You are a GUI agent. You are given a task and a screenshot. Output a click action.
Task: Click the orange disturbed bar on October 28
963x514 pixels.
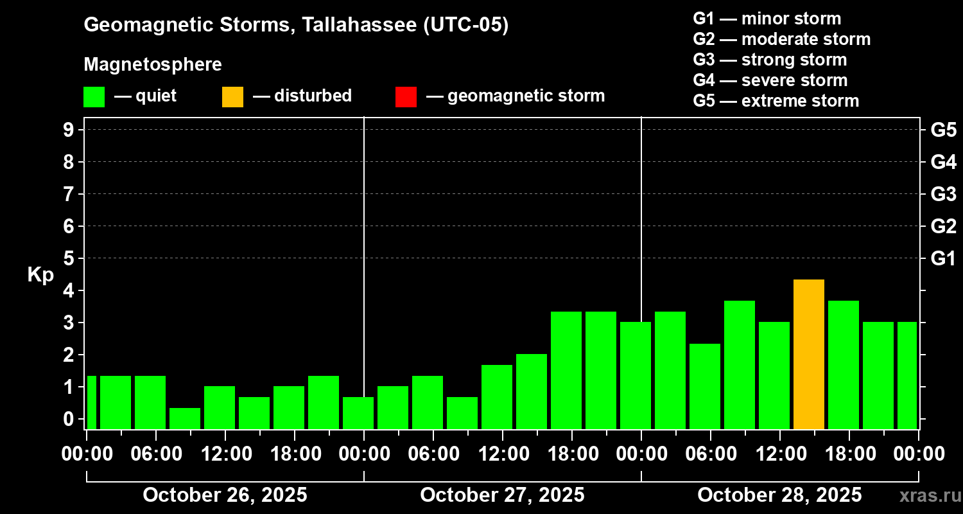point(809,355)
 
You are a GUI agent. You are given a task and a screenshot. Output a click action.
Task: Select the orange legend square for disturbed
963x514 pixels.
point(232,96)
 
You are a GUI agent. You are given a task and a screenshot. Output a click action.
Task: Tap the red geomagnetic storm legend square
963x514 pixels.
point(406,96)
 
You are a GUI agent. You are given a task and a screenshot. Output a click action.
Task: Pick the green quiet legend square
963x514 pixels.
point(94,96)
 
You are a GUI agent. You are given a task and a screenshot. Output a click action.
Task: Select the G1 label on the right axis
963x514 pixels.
point(943,258)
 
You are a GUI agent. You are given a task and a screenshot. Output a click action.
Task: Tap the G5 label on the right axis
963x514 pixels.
point(943,130)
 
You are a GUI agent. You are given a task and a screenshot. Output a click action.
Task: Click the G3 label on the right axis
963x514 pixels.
point(943,194)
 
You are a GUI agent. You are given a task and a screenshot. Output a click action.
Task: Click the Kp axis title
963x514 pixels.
point(40,275)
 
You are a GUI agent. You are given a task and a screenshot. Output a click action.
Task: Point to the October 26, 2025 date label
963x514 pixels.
point(225,495)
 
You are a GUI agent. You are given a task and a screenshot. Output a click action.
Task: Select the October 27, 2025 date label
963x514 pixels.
point(502,495)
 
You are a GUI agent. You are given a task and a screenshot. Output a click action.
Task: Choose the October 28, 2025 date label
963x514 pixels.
point(779,495)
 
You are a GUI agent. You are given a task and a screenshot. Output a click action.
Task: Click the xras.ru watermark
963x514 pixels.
point(926,496)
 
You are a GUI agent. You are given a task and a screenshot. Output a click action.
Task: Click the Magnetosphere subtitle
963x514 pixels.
point(153,64)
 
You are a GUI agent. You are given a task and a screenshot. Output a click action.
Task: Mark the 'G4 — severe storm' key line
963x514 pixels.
point(770,80)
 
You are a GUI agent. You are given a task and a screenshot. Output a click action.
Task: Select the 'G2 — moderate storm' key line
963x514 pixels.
point(782,39)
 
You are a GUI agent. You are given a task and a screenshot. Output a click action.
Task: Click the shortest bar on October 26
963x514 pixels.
point(185,418)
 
